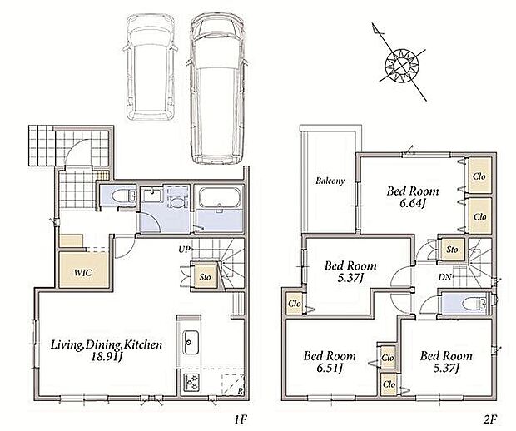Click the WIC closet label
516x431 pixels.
pos(83,273)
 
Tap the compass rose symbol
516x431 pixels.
pos(401,62)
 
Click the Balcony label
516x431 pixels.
pos(330,181)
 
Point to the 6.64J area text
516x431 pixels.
pos(413,203)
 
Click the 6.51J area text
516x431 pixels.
pos(330,368)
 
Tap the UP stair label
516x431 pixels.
pos(185,250)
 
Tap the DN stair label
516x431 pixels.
pos(444,277)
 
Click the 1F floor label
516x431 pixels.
pos(241,419)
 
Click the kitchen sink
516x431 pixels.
pos(191,343)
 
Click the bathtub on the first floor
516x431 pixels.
pos(219,198)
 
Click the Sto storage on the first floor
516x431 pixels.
pos(205,277)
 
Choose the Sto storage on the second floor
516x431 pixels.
pos(452,250)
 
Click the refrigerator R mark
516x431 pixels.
pos(241,392)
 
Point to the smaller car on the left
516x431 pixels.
pos(150,67)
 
